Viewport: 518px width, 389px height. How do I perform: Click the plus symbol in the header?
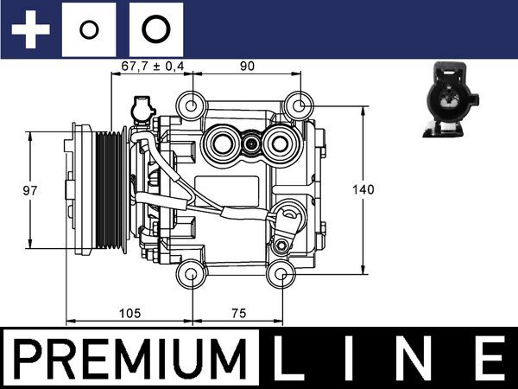point(32,30)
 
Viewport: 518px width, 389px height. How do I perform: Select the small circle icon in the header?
point(89,30)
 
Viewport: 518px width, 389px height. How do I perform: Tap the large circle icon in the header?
point(155,30)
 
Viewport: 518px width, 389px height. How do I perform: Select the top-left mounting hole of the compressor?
point(190,105)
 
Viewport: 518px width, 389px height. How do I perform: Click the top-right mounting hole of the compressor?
point(298,105)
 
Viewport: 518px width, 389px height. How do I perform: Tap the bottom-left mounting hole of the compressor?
point(190,276)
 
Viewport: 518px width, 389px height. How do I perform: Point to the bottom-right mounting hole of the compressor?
point(280,276)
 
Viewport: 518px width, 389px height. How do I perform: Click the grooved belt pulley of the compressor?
point(108,190)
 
